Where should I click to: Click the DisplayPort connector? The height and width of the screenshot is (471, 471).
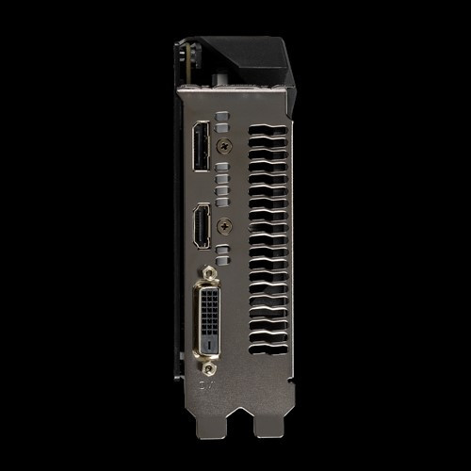coord(201,147)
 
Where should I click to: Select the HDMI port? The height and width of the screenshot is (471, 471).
coord(201,226)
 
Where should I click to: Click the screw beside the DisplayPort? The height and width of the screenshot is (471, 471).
coord(224,146)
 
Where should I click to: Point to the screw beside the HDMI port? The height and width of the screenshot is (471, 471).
coord(224,226)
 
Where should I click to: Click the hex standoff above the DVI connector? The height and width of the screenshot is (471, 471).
coord(209,274)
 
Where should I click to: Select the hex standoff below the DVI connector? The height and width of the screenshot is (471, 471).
coord(209,368)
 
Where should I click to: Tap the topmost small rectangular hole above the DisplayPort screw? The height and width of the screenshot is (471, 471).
coord(222,116)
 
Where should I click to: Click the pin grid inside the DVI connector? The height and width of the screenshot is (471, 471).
coord(210,311)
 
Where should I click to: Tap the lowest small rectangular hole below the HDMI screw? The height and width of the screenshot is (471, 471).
coord(222,257)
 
